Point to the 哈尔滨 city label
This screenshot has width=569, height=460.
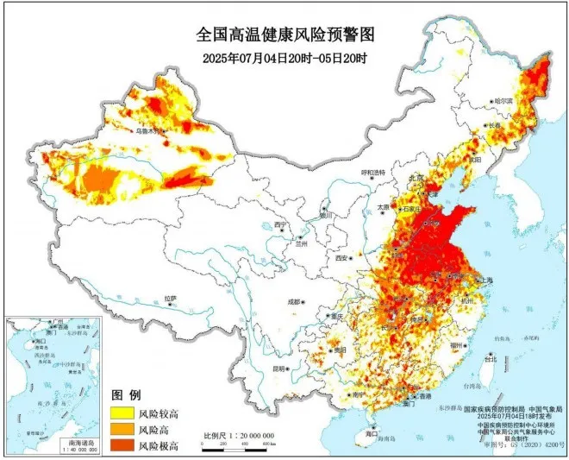(x=503, y=101)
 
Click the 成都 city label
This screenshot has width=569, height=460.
(x=295, y=302)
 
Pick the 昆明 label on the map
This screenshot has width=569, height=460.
(x=279, y=369)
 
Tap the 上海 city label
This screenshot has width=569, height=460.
(x=485, y=280)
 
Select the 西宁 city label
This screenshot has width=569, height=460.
(x=279, y=224)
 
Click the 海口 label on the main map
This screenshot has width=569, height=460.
(x=372, y=435)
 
